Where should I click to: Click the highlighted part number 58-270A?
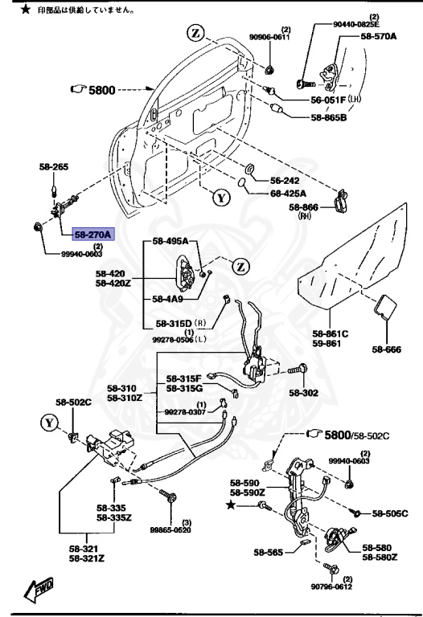94,235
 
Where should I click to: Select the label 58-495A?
170,242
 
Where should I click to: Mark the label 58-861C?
330,333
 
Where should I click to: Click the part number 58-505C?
389,513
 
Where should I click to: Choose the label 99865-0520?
170,529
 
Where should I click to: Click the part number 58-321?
84,548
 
